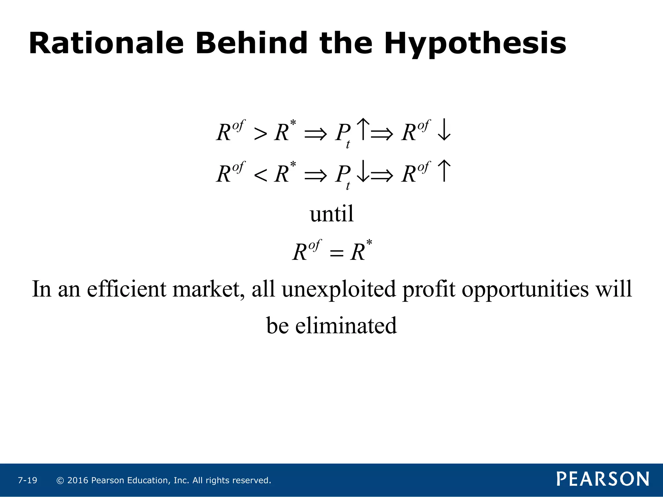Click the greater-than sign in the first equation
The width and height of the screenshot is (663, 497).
260,134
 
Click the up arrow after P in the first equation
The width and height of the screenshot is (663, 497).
363,129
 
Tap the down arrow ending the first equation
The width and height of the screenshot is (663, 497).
444,130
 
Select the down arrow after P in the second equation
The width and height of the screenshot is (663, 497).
363,171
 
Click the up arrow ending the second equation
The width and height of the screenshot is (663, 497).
444,171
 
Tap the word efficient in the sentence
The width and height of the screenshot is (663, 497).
126,289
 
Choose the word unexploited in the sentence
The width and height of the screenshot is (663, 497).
339,289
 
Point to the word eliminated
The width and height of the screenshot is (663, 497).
346,326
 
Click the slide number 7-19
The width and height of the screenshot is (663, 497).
28,480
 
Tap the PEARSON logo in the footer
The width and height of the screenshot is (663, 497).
603,479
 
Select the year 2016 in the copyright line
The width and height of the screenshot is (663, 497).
78,480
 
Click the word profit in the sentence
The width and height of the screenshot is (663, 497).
429,289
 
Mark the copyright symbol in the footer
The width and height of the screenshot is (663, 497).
60,480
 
